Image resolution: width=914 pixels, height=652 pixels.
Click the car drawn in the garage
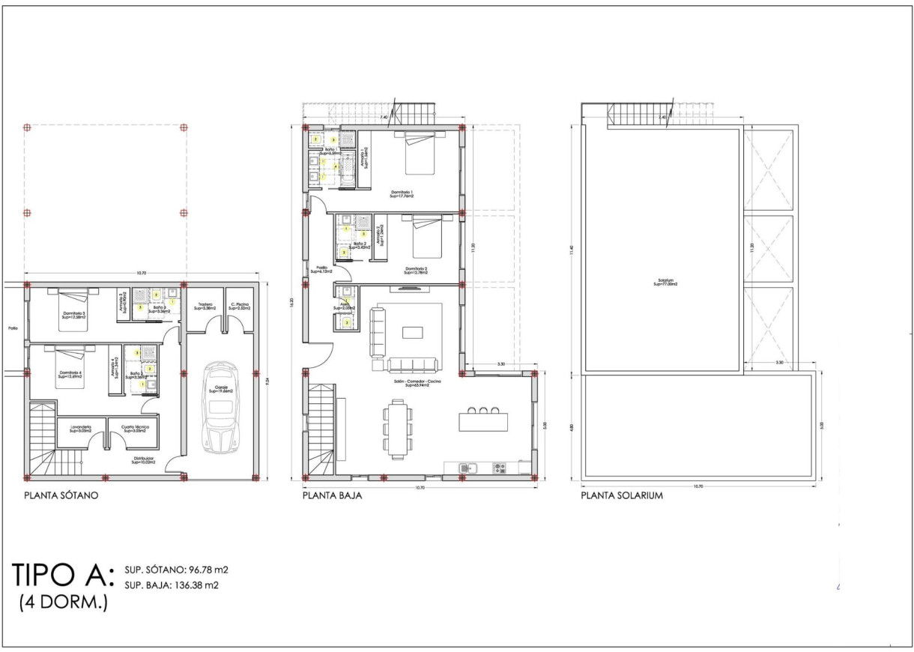point(220,408)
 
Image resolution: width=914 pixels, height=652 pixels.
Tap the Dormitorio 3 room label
point(73,315)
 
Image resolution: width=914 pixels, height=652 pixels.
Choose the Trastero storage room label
point(205,306)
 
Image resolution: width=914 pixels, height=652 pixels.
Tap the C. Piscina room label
point(239,306)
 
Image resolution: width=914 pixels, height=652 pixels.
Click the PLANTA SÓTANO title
point(61,495)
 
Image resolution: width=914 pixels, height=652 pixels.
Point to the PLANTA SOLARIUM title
point(621,495)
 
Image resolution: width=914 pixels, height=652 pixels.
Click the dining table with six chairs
point(397,427)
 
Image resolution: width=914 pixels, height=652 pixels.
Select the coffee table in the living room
point(413,332)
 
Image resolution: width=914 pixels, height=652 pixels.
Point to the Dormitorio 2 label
point(416,270)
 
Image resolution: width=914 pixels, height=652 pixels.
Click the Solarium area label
point(665,283)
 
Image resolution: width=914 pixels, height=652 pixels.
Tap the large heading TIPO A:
point(63,575)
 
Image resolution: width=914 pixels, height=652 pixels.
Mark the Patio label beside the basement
point(11,328)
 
